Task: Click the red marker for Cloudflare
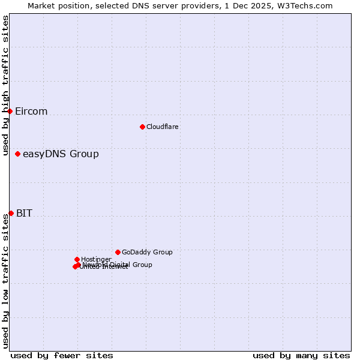(x=142, y=127)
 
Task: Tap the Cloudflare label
(x=163, y=127)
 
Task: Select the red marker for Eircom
(x=10, y=111)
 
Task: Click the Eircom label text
(x=31, y=112)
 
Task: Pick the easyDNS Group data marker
(x=17, y=154)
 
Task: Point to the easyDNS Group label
(x=61, y=154)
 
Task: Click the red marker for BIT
(x=11, y=213)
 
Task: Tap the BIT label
(x=24, y=214)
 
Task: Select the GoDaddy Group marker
(x=118, y=252)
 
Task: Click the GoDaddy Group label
(x=147, y=253)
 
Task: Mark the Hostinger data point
(x=77, y=259)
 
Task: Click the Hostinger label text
(x=96, y=260)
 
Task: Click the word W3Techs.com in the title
(x=307, y=6)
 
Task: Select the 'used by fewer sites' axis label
(x=62, y=355)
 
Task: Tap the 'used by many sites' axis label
(x=301, y=355)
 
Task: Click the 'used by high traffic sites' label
(x=6, y=85)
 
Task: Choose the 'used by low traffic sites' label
(x=6, y=280)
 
